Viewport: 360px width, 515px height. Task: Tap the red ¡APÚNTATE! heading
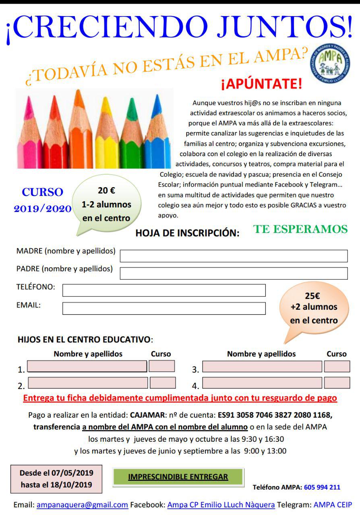(261, 84)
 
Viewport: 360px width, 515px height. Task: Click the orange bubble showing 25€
(314, 308)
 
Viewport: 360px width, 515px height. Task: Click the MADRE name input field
(234, 256)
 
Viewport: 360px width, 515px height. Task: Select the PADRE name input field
(234, 273)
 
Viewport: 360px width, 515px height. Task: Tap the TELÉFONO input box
(164, 290)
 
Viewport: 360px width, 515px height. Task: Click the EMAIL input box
(164, 308)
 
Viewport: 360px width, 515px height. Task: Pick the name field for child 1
(87, 366)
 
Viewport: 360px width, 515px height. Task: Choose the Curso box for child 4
(337, 383)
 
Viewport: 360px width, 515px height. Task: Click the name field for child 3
(262, 366)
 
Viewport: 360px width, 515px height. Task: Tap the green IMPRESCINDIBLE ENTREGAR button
(178, 477)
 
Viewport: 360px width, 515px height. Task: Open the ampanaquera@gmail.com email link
(82, 505)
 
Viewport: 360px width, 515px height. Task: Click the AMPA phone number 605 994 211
(322, 487)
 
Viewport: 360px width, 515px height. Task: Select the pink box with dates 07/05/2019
(56, 479)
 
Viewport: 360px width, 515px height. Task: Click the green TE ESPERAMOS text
(300, 229)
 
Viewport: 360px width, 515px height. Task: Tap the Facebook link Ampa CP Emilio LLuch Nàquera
(221, 505)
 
